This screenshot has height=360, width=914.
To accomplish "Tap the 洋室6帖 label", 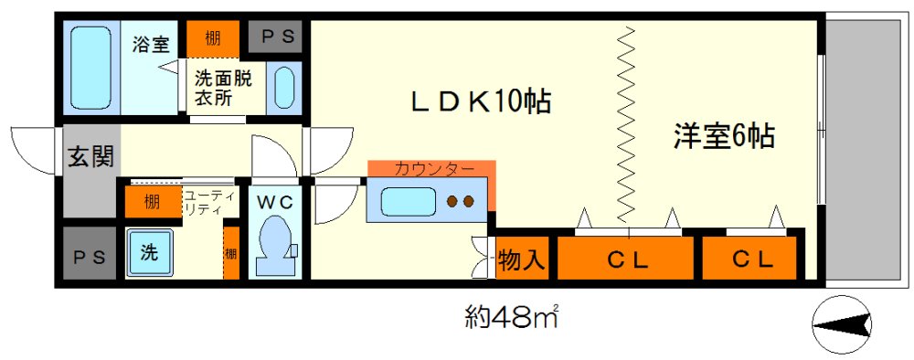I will click(x=724, y=137).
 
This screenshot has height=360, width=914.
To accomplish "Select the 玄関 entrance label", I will click(x=90, y=157).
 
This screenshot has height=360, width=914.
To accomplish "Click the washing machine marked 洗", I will click(x=148, y=252).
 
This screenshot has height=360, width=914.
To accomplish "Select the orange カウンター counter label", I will click(x=433, y=169).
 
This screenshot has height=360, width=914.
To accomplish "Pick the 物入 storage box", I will click(x=522, y=260).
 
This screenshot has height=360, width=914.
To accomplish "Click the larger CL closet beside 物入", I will click(x=627, y=259).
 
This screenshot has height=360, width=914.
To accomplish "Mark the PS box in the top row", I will click(x=275, y=38).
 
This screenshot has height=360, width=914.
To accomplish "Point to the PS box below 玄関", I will click(x=90, y=258).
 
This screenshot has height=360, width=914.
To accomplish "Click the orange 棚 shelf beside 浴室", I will click(x=213, y=38).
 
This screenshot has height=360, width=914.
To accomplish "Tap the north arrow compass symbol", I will click(x=841, y=324).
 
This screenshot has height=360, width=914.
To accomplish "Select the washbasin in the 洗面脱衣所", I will click(x=285, y=89).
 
